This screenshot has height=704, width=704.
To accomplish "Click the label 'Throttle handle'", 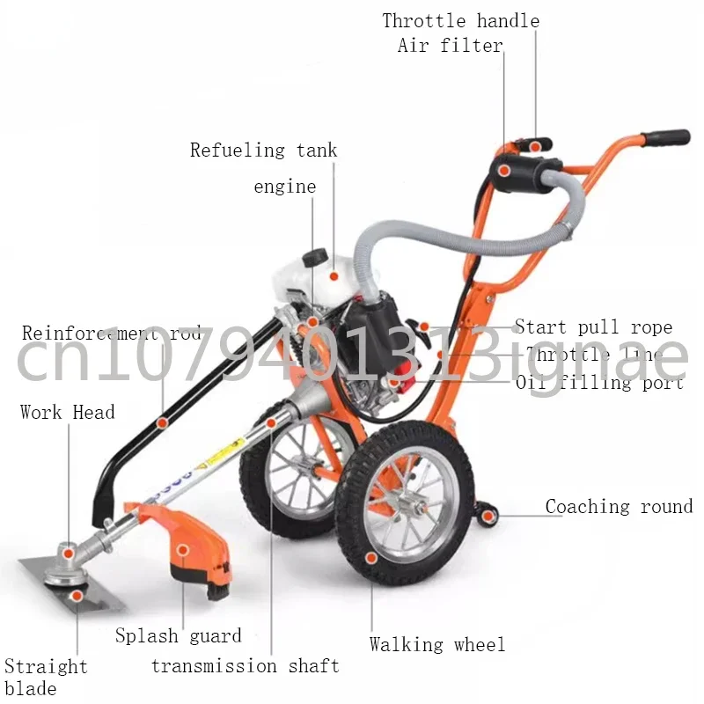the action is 460,20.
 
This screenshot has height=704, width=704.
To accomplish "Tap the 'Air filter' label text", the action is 450,45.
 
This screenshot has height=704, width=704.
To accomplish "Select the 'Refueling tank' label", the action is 263,150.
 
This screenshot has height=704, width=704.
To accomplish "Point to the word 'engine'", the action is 284,187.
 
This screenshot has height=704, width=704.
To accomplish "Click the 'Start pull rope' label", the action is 593,327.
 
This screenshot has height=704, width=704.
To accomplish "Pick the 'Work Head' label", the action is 68,412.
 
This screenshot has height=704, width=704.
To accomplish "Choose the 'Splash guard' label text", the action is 179,635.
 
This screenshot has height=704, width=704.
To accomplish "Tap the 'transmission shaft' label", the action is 246,666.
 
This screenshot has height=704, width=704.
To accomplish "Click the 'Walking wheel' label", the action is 437,645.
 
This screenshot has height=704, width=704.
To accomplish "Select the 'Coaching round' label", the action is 619,506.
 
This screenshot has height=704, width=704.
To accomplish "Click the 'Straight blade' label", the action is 46,677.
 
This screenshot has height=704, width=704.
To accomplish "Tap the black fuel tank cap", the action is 313,258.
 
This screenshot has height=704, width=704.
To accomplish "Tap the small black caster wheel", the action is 486,515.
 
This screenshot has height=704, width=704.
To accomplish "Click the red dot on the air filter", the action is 502,170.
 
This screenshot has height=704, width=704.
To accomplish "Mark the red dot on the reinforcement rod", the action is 162,423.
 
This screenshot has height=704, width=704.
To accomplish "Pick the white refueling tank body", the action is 334,275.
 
